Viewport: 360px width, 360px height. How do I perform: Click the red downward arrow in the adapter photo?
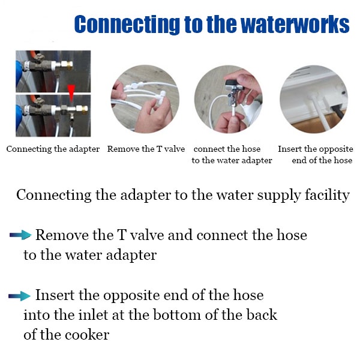[x=71, y=92]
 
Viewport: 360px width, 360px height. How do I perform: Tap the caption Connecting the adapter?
[x=53, y=149]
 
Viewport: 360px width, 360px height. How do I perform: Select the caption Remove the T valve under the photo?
[x=146, y=149]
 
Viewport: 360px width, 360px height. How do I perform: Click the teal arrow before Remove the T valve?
[x=20, y=235]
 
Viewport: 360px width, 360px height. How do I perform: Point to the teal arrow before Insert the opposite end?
[x=19, y=296]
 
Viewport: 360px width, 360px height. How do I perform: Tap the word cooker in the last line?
[x=87, y=335]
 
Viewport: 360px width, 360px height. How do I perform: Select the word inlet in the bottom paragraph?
[x=93, y=315]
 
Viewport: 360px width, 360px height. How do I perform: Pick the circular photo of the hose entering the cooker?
[x=314, y=99]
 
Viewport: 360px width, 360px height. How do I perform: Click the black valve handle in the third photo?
[x=230, y=82]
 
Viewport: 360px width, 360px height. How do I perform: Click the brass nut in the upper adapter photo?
[x=67, y=65]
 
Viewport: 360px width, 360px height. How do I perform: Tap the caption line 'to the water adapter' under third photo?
[x=232, y=160]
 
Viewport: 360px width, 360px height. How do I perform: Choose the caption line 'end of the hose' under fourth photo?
[x=322, y=160]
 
